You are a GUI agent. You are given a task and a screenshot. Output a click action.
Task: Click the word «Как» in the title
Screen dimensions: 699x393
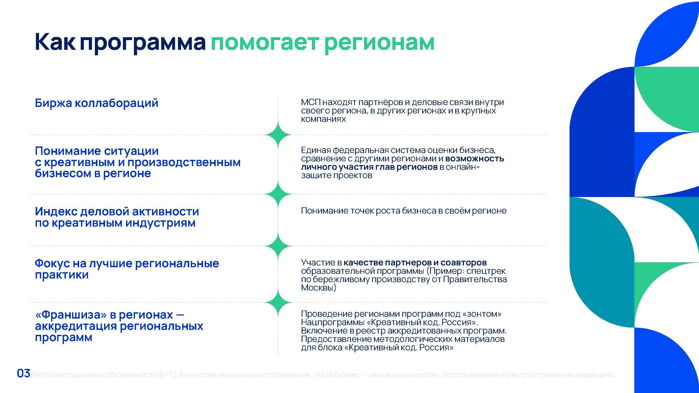click(55, 42)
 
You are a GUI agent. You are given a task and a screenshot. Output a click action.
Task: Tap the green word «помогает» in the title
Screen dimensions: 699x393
click(264, 43)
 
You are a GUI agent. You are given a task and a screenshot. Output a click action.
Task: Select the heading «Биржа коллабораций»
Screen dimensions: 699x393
click(97, 103)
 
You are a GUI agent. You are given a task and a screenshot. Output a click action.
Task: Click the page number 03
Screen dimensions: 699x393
click(23, 373)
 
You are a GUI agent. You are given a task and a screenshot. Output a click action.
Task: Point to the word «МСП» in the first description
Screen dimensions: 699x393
click(311, 102)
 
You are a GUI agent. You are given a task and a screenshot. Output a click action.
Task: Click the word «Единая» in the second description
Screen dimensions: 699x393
click(316, 150)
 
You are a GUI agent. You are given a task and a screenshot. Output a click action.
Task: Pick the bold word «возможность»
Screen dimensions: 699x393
click(475, 159)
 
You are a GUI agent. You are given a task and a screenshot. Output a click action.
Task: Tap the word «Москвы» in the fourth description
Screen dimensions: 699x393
click(317, 287)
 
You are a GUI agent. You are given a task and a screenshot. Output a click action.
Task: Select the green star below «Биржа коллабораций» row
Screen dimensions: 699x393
click(278, 134)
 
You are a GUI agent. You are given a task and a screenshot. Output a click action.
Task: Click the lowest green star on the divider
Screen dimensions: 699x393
click(278, 302)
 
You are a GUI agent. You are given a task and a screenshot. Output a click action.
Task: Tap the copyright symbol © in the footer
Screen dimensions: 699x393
click(161, 375)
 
